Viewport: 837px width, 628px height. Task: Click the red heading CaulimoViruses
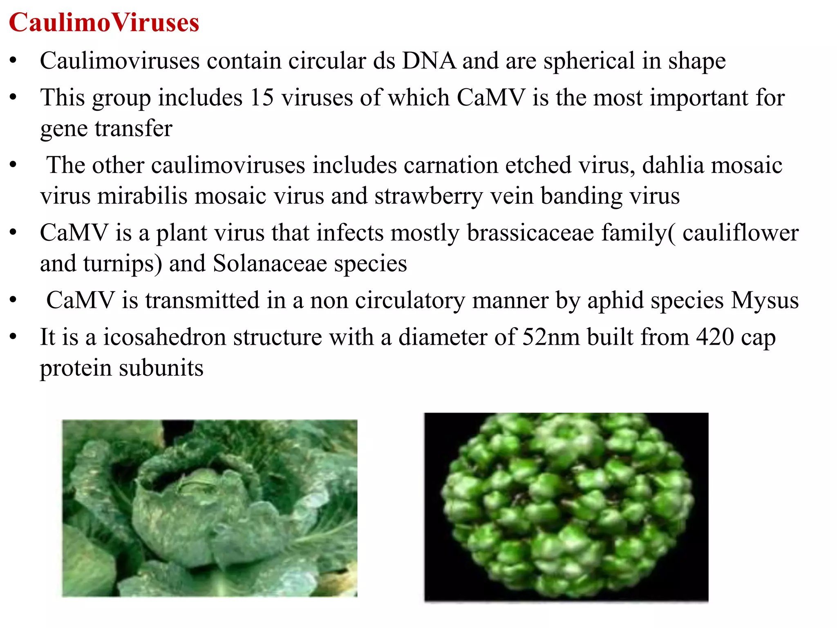pyautogui.click(x=104, y=22)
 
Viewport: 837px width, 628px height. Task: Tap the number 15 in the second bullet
pyautogui.click(x=262, y=98)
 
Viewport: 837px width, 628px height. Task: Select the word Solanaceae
pyautogui.click(x=270, y=264)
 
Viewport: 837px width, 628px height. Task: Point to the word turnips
pyautogui.click(x=123, y=264)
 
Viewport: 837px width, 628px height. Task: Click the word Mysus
pyautogui.click(x=765, y=301)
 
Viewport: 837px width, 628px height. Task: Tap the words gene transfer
pyautogui.click(x=106, y=129)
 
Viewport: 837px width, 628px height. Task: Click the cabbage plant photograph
pyautogui.click(x=210, y=508)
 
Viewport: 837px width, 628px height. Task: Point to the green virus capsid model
pyautogui.click(x=566, y=507)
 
